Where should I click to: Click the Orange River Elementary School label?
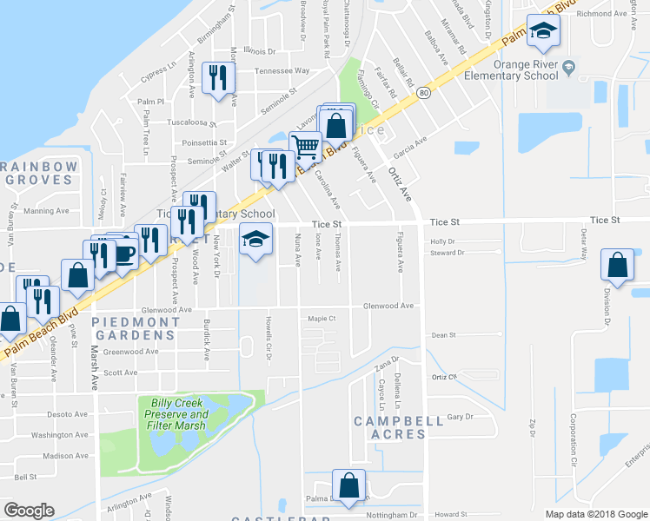(x=525, y=69)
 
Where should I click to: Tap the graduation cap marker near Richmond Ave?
(x=545, y=31)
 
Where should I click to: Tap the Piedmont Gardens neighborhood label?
(x=136, y=328)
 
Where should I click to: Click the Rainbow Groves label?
(x=37, y=173)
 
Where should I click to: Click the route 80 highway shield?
(x=423, y=93)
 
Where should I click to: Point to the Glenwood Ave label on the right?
(x=388, y=306)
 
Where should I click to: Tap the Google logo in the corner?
(x=29, y=511)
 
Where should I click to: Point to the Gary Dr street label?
(x=460, y=417)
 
